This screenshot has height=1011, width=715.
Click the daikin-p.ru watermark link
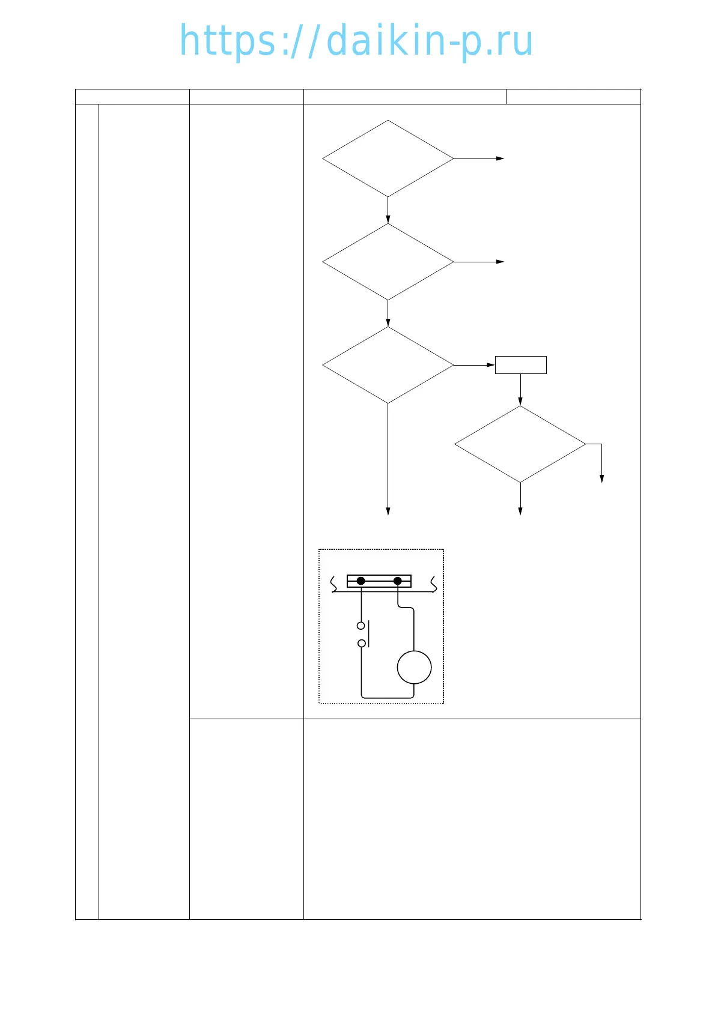click(356, 41)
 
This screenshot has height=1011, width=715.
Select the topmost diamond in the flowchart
click(388, 158)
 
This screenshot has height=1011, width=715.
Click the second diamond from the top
click(388, 262)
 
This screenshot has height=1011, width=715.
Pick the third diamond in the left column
click(388, 365)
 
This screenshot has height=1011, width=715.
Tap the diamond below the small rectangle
click(520, 444)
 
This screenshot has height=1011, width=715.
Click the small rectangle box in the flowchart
click(521, 365)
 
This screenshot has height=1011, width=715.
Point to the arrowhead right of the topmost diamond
click(500, 158)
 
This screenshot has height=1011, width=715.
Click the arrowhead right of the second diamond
click(500, 262)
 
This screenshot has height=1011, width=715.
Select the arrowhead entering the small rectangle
click(491, 365)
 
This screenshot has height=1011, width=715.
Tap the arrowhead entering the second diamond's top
click(388, 219)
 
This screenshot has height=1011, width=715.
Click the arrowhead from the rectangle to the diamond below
click(520, 402)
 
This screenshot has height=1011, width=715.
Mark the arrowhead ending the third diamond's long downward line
click(388, 511)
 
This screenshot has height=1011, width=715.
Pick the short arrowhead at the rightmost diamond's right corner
click(601, 478)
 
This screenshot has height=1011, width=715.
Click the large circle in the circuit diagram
click(415, 667)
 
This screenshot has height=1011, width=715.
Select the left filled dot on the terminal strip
click(361, 581)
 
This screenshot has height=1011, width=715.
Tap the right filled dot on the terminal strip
click(398, 581)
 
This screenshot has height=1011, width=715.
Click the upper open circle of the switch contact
click(361, 626)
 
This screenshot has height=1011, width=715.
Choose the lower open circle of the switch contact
click(361, 644)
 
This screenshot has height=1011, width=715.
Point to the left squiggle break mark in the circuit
click(334, 584)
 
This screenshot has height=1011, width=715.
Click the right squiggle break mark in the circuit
click(433, 584)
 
